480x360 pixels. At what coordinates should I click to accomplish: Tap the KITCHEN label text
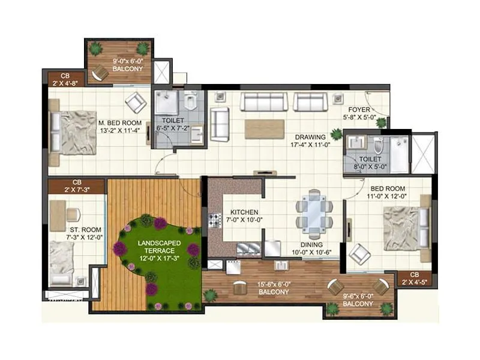(x=244, y=212)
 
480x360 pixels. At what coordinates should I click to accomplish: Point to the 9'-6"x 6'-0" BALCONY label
(x=358, y=299)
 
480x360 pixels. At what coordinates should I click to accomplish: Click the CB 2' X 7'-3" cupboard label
(x=76, y=185)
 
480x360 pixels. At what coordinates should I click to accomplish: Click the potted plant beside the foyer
(x=381, y=122)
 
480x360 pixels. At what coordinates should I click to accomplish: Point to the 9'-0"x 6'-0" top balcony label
(x=127, y=65)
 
